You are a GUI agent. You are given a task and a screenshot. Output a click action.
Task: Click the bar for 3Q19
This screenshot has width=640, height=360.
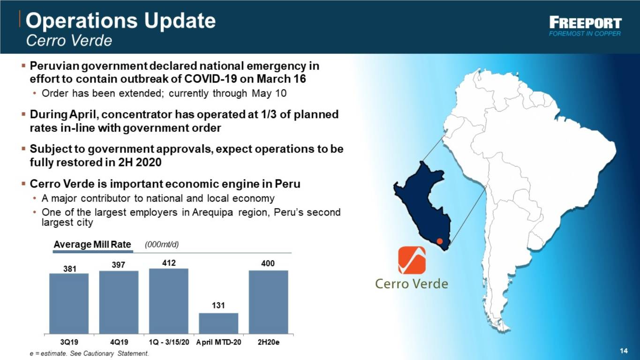69,303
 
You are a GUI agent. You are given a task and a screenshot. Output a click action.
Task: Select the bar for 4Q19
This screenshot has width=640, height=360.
119,302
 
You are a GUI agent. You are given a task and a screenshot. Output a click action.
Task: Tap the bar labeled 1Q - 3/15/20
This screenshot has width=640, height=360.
169,301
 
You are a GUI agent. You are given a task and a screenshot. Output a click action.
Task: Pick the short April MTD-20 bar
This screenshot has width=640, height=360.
218,323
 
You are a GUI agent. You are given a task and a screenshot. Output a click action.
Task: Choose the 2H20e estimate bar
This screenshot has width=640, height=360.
269,302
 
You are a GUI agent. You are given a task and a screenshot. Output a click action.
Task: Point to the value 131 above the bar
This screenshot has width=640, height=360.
218,306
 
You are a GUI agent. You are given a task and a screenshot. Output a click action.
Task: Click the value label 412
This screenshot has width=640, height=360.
169,263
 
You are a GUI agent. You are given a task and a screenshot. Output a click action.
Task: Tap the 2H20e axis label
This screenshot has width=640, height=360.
269,342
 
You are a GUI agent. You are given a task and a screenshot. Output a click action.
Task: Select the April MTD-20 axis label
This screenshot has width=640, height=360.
218,342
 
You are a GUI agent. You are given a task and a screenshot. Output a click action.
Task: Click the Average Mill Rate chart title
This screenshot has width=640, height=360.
92,245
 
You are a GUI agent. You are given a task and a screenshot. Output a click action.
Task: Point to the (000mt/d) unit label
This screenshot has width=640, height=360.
162,245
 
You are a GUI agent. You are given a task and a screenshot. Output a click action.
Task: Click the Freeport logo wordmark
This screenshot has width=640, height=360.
585,23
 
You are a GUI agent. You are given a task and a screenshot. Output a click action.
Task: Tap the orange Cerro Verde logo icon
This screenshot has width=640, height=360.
412,260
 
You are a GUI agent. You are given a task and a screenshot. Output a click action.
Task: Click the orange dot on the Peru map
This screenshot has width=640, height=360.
440,241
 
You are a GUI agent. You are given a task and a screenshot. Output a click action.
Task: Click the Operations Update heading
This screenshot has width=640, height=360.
120,21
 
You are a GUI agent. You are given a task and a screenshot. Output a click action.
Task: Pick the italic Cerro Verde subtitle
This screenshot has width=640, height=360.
69,40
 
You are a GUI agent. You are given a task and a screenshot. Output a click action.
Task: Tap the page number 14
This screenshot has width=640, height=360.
624,351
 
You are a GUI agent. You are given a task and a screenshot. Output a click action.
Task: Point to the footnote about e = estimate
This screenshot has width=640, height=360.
90,353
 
